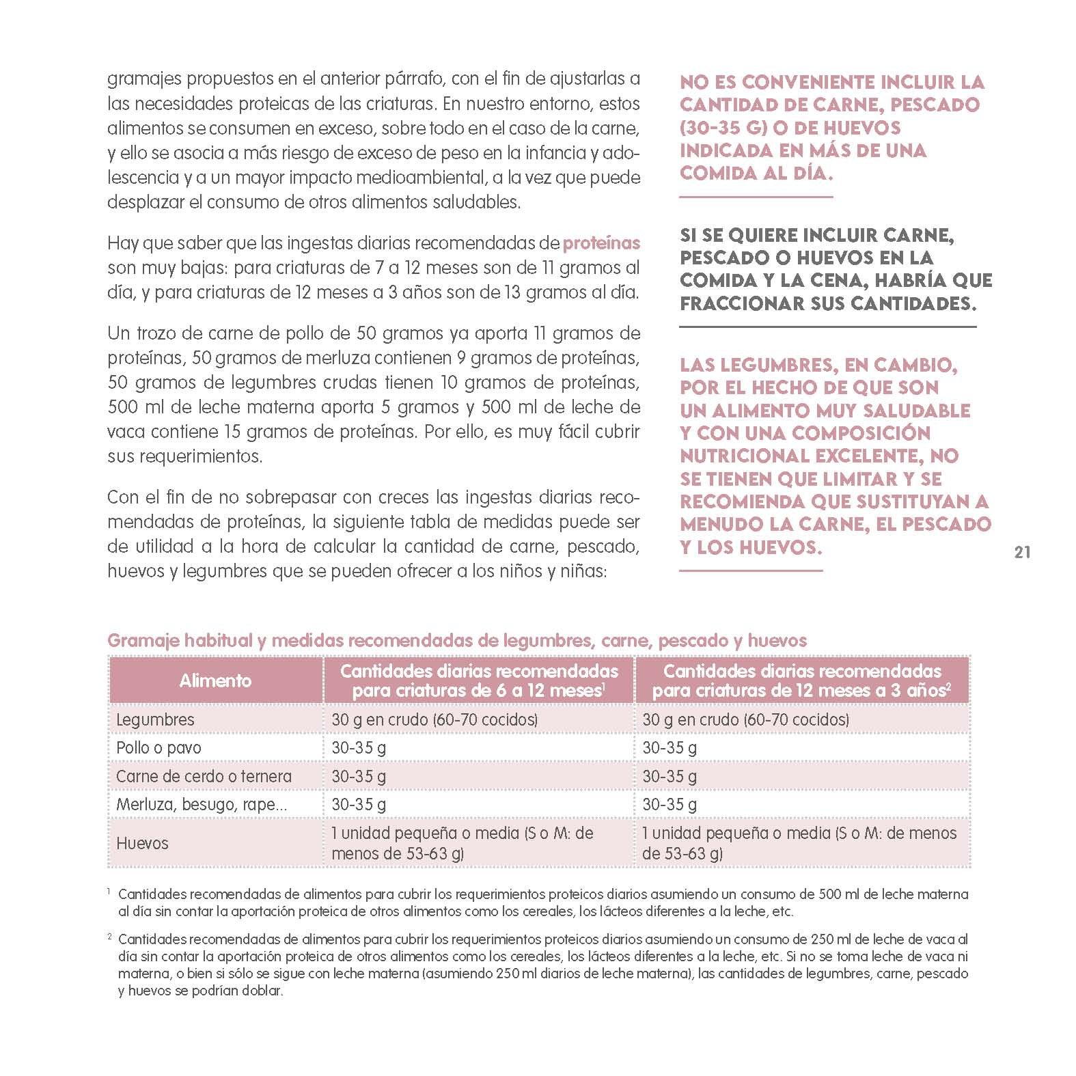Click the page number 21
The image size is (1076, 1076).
click(1022, 553)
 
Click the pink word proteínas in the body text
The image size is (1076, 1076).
click(601, 243)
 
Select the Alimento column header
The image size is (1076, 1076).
click(215, 680)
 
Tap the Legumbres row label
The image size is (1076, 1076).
click(155, 719)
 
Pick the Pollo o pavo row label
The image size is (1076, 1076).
click(158, 747)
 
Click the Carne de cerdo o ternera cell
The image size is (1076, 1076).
click(204, 776)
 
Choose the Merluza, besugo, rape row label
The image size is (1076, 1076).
click(202, 804)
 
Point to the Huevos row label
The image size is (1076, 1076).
click(142, 843)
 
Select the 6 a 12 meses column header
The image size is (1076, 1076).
click(478, 680)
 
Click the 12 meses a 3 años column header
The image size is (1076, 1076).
click(802, 680)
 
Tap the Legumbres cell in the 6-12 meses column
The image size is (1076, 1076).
click(434, 719)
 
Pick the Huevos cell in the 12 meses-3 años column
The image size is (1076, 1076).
click(799, 843)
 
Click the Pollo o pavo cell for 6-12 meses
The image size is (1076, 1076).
click(359, 747)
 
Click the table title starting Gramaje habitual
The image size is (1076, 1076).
click(457, 641)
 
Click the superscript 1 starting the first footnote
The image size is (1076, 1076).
click(109, 892)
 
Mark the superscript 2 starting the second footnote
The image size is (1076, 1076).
click(109, 939)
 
